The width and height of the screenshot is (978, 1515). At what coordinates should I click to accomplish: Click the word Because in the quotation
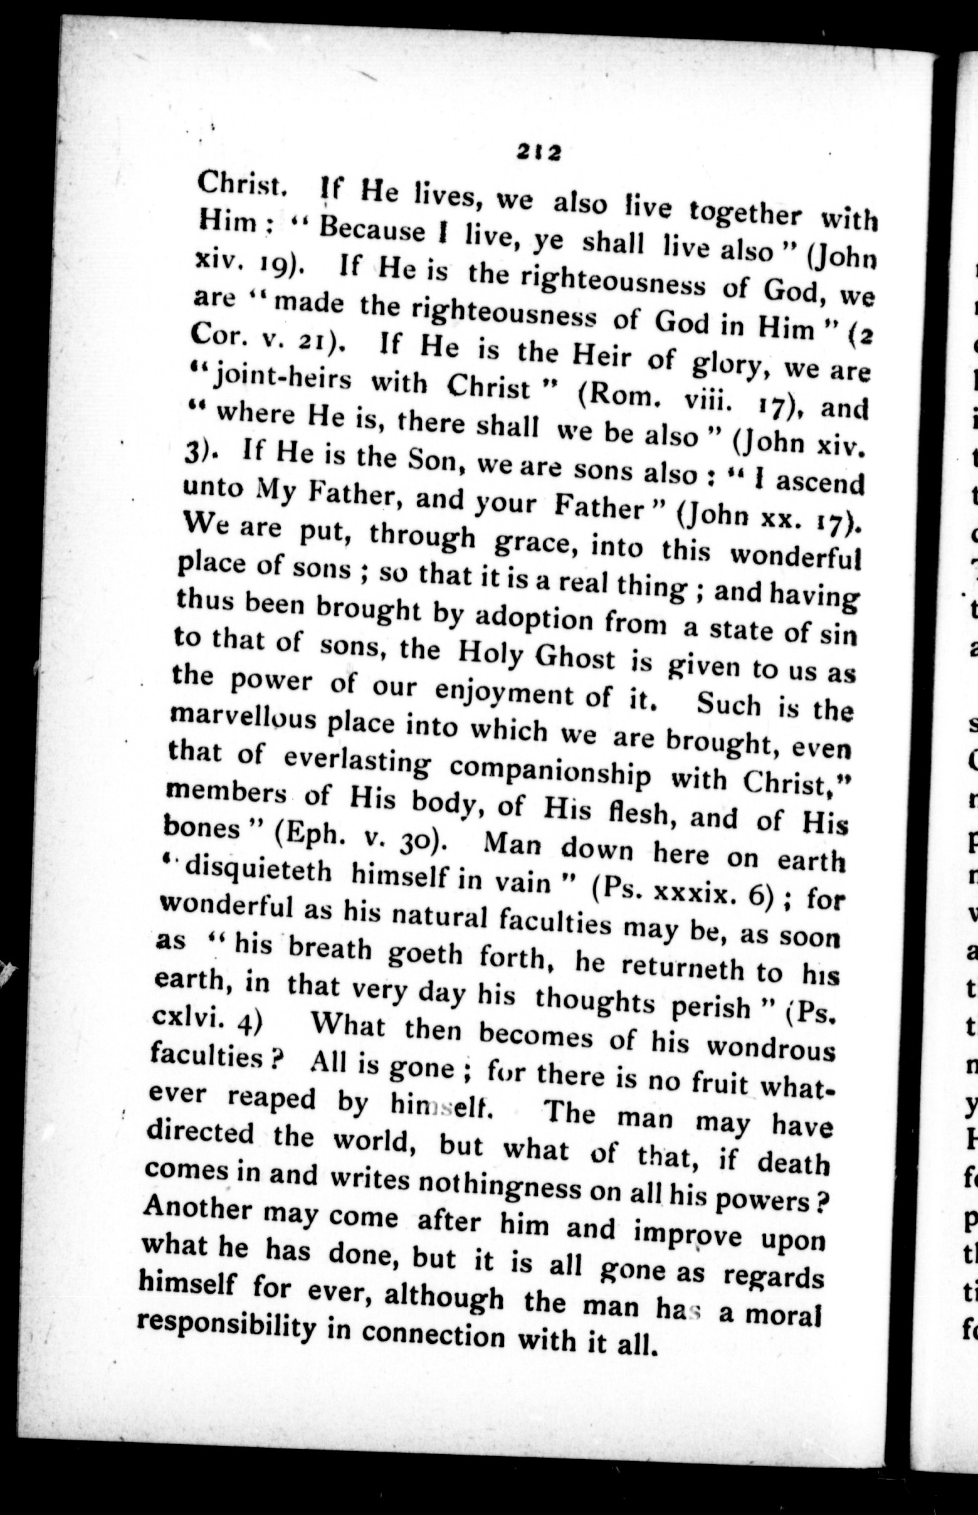coord(374,230)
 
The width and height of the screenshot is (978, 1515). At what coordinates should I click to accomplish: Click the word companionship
coord(550,771)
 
